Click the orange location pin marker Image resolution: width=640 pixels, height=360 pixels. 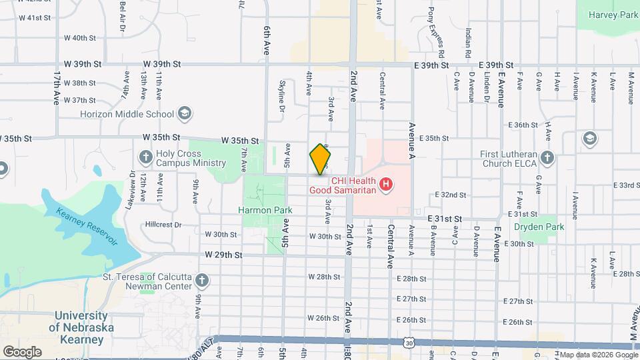(x=321, y=159)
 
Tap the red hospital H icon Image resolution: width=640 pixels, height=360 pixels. (x=385, y=184)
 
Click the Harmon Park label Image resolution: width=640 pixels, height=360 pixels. (x=265, y=210)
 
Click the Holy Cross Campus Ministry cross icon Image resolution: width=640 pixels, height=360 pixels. (x=146, y=157)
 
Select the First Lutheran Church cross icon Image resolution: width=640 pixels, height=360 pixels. (x=547, y=158)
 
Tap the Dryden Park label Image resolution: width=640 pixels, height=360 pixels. (x=539, y=227)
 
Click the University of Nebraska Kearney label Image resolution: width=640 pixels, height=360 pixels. (x=81, y=327)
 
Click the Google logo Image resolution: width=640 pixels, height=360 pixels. (x=23, y=351)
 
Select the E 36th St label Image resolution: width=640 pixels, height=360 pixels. (x=523, y=125)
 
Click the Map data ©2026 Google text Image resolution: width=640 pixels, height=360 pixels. (x=595, y=355)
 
